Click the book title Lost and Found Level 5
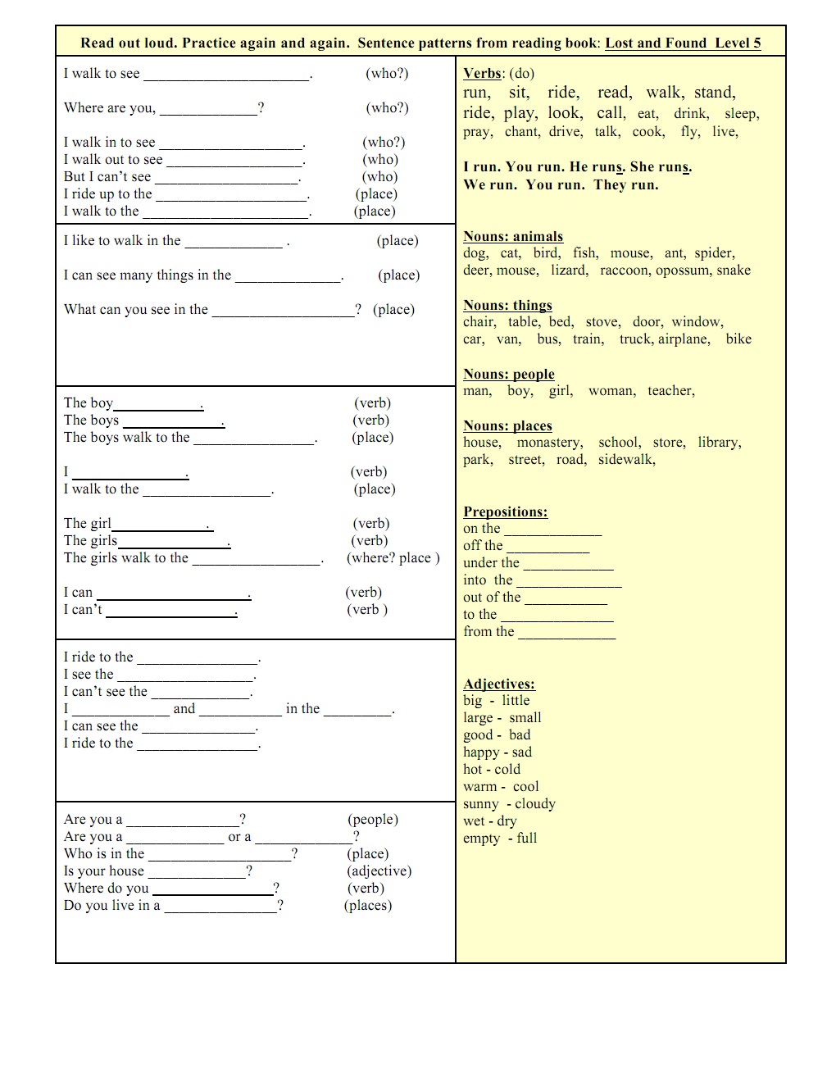pos(683,43)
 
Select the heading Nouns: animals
pos(513,237)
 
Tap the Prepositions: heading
pos(505,512)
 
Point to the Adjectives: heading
pos(499,684)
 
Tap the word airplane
pos(683,339)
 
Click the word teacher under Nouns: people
pos(670,391)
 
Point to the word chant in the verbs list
pos(521,132)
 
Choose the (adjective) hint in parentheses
pos(379,871)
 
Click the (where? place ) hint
pos(393,558)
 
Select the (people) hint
pos(373,820)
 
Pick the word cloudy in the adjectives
pos(535,804)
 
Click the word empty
pos(481,839)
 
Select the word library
pos(719,443)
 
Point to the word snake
pos(734,270)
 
